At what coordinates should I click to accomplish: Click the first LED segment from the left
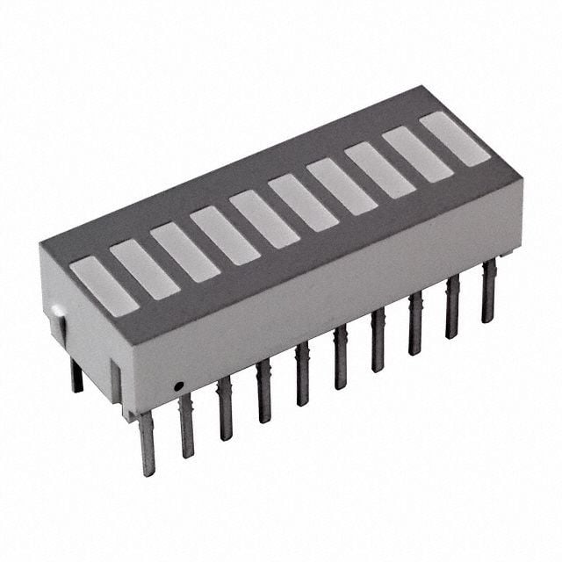[104, 285]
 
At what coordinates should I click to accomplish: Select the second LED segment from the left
[145, 269]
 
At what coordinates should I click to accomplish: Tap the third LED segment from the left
[184, 253]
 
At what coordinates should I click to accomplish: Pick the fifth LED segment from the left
[263, 219]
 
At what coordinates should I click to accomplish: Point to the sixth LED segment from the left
[303, 203]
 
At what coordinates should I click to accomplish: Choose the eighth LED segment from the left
[379, 170]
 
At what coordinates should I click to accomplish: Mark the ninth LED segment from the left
[417, 155]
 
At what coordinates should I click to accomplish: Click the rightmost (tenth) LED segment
[455, 139]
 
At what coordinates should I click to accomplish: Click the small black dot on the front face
[177, 385]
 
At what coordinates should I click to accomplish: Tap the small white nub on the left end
[56, 311]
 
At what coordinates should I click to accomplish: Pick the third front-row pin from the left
[225, 407]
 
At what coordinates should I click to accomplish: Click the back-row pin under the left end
[76, 375]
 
